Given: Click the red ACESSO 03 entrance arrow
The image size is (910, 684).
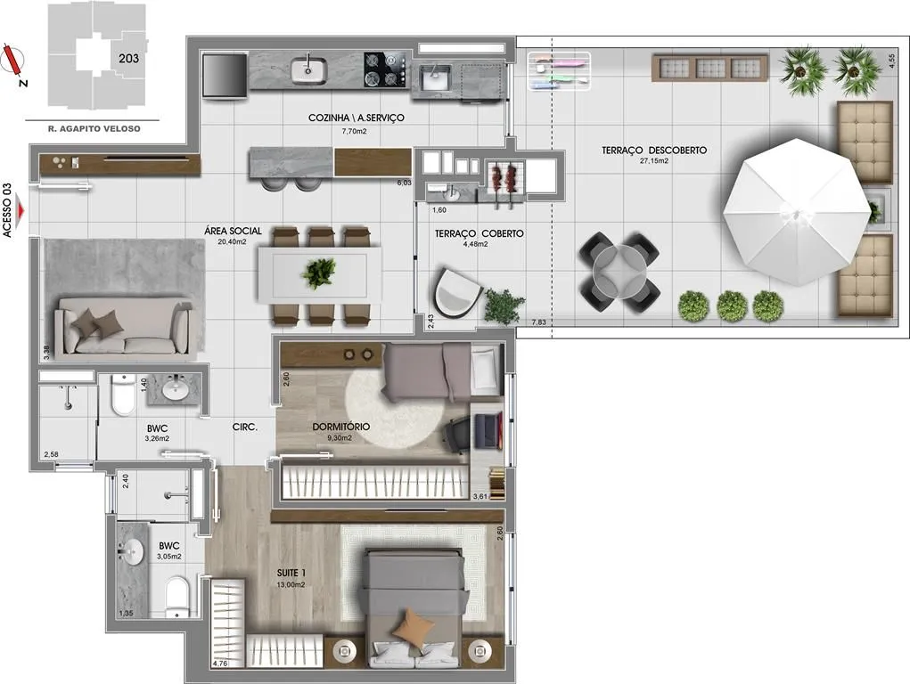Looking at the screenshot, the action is click(x=20, y=210).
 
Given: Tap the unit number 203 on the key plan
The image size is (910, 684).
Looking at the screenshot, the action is click(x=128, y=58).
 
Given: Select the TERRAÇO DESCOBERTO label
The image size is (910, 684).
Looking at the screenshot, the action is click(x=654, y=151).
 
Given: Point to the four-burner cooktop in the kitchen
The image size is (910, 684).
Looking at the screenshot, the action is click(x=386, y=70).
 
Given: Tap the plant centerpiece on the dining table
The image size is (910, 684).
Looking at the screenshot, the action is click(x=318, y=273).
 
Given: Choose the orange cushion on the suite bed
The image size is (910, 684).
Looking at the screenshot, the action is click(x=414, y=625).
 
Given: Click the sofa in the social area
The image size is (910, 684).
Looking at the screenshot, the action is click(x=122, y=325).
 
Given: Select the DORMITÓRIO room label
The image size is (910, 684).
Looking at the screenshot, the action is click(x=340, y=427).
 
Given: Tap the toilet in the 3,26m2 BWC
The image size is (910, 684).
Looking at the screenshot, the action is click(x=123, y=395).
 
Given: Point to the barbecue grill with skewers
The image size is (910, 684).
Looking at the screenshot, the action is click(x=504, y=180).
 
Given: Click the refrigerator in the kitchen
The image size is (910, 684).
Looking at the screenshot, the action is click(x=225, y=76).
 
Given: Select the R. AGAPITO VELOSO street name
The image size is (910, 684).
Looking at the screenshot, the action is click(x=94, y=129).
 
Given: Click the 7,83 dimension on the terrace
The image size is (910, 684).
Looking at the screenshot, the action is click(x=538, y=322).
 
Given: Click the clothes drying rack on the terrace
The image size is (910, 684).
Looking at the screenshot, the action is click(x=559, y=71).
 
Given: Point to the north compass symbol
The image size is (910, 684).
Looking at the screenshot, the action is click(x=12, y=61).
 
